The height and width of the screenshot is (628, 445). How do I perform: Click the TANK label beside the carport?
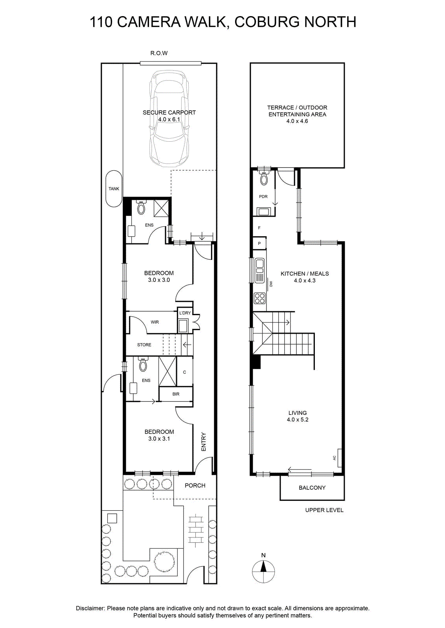coord(114,189)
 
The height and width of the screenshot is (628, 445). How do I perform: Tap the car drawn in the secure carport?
coord(169,119)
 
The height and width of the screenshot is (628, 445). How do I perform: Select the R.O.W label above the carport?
coord(159,53)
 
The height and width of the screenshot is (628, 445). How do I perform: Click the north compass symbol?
coord(263,571)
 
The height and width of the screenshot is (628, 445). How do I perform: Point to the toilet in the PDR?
coord(264,178)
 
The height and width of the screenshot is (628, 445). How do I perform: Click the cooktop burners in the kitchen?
coord(259,298)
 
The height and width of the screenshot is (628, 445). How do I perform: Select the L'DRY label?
coord(185,313)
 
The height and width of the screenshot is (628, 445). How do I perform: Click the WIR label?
coord(155,322)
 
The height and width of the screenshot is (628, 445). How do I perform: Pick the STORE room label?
coord(144,345)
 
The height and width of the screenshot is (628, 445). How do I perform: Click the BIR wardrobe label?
coord(176,394)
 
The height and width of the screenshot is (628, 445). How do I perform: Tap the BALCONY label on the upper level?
coord(312,487)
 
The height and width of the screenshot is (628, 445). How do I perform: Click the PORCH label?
coord(195,485)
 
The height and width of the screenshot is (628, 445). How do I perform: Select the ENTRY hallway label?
coord(204,442)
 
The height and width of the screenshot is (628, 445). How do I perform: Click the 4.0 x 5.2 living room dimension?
coord(298,420)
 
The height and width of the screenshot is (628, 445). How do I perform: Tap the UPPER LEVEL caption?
coord(324,510)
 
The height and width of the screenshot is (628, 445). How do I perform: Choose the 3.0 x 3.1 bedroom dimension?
coord(159,439)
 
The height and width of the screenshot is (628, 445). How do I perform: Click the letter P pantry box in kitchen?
coord(259,243)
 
